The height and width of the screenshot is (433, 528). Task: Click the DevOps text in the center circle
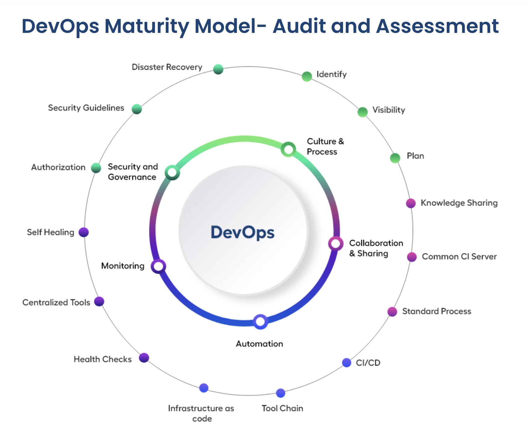[242, 232]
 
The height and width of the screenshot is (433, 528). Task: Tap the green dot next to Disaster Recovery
[218, 69]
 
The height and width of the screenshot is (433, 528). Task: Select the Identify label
[331, 74]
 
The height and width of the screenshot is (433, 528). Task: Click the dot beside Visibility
[363, 112]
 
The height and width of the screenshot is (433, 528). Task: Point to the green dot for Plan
[395, 158]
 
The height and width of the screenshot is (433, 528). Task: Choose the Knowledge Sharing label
[459, 203]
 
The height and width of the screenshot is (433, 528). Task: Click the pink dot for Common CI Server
[412, 257]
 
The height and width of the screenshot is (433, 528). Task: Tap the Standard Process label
[437, 311]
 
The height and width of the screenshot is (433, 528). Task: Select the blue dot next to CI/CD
[347, 362]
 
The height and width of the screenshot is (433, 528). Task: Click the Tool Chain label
[282, 408]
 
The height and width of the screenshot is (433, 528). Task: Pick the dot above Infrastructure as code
[204, 388]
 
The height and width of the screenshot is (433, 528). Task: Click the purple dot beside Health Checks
[144, 358]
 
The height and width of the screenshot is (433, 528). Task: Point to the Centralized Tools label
[56, 302]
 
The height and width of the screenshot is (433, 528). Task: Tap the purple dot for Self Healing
[84, 232]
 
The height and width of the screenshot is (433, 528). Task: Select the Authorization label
[58, 167]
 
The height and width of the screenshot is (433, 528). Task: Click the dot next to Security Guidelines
[137, 109]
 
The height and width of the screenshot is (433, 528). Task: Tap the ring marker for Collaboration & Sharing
[336, 244]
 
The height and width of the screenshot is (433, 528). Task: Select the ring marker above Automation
[260, 322]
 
